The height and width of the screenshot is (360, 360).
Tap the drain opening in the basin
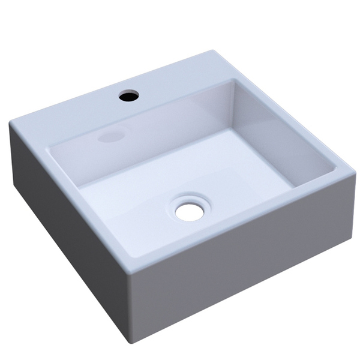click(189, 211)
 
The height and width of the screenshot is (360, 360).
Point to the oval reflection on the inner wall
click(111, 137)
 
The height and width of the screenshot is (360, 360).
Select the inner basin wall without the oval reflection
click(282, 132)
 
